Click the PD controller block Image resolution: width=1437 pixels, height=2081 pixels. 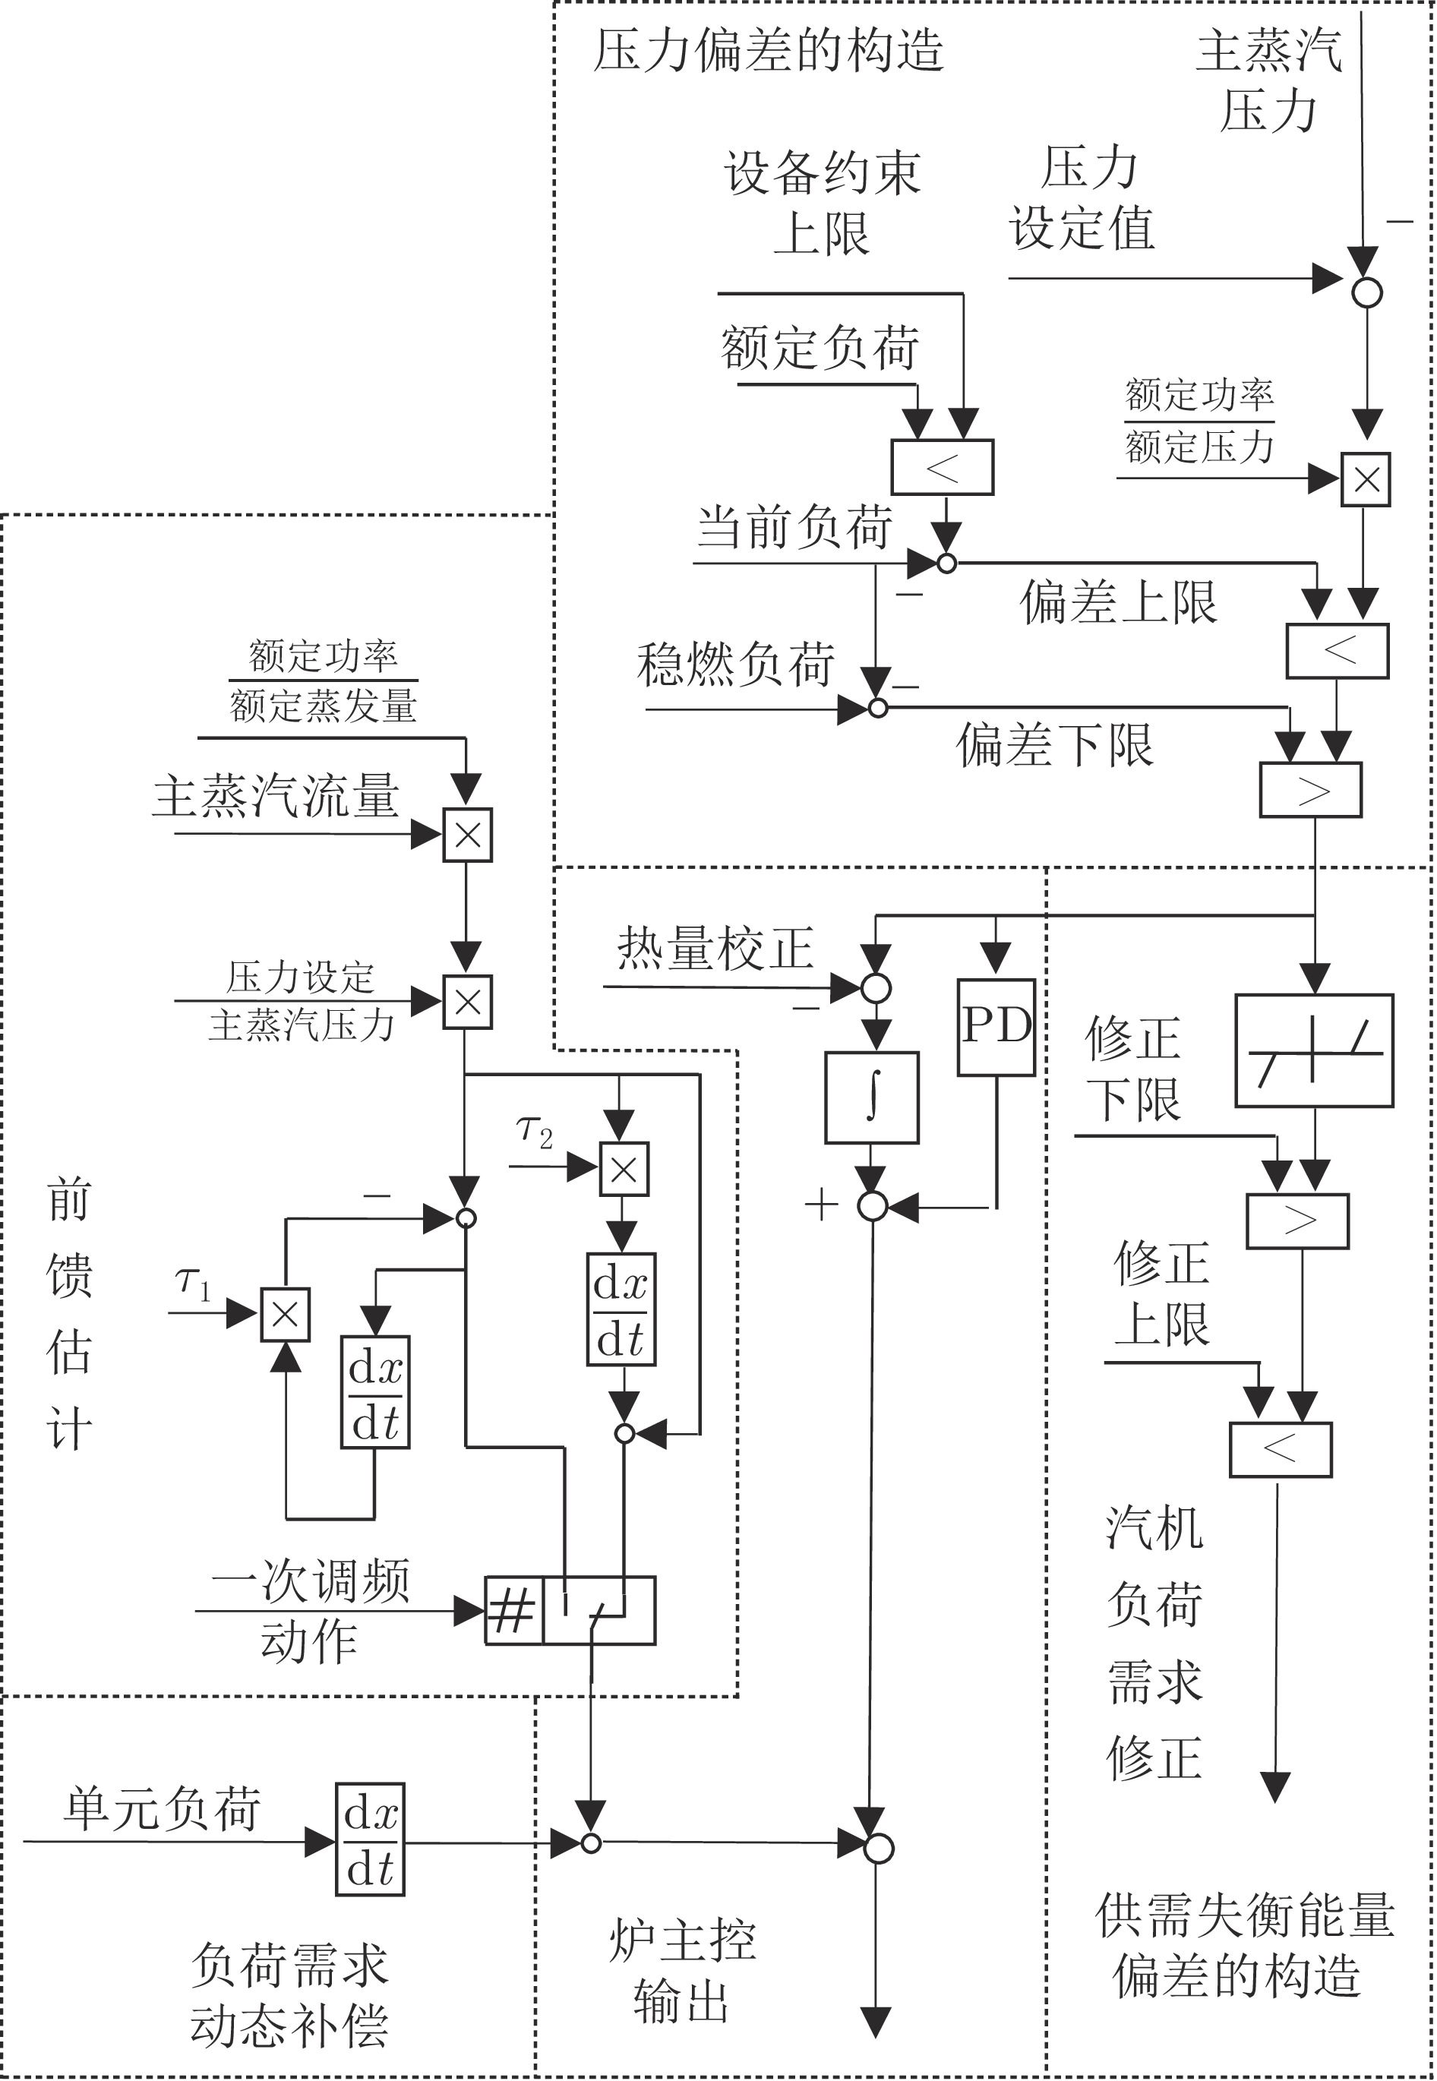tap(996, 1027)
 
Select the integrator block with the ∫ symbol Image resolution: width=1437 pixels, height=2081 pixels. tap(872, 1097)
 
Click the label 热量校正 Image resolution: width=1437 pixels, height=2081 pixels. tap(715, 948)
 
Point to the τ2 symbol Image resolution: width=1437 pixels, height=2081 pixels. tap(534, 1132)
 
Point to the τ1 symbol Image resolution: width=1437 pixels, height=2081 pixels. tap(193, 1282)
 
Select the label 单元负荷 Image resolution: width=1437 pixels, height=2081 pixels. tap(162, 1808)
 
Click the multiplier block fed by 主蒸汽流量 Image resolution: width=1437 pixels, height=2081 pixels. tap(467, 835)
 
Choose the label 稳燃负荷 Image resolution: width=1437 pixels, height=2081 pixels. tap(736, 665)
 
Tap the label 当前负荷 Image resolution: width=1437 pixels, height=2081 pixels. tap(794, 526)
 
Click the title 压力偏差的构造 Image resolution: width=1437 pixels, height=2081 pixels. tap(768, 49)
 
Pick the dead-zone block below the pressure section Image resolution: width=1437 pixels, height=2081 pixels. tap(1314, 1050)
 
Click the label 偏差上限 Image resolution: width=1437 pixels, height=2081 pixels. tap(1118, 602)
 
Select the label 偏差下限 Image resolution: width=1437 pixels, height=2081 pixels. tap(1054, 744)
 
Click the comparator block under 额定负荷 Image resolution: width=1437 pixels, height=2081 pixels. tap(942, 467)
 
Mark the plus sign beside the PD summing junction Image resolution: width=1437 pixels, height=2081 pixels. tap(821, 1205)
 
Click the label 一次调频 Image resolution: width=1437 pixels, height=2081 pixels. tap(311, 1580)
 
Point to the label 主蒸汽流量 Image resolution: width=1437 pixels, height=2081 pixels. tap(276, 796)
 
